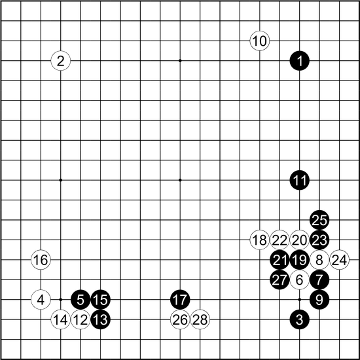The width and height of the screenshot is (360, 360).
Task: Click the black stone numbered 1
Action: point(299,61)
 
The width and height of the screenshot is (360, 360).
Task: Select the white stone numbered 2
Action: point(61,61)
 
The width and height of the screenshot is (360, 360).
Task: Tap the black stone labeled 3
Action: point(299,319)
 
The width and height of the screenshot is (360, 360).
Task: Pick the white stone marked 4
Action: point(41,299)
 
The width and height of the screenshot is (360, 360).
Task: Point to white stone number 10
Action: point(260,41)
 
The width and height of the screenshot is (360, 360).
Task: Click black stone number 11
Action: point(299,180)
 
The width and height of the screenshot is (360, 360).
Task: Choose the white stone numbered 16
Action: point(41,260)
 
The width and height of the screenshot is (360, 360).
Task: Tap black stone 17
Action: point(180,299)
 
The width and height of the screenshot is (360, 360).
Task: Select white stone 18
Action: point(260,240)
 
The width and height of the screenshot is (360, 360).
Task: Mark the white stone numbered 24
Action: point(339,260)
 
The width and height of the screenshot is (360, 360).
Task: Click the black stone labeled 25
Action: point(319,220)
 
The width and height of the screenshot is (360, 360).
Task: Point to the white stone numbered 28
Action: point(200,319)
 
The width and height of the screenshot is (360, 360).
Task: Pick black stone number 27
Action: point(279,279)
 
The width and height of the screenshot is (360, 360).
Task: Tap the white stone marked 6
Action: point(299,279)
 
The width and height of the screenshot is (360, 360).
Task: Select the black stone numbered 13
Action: point(101,319)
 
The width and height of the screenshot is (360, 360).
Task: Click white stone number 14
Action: point(61,319)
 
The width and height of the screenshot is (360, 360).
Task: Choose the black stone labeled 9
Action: point(319,299)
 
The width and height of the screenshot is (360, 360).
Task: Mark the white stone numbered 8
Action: point(319,260)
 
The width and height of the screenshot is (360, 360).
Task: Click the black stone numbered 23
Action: point(319,240)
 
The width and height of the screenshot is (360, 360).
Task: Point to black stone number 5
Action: point(81,299)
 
